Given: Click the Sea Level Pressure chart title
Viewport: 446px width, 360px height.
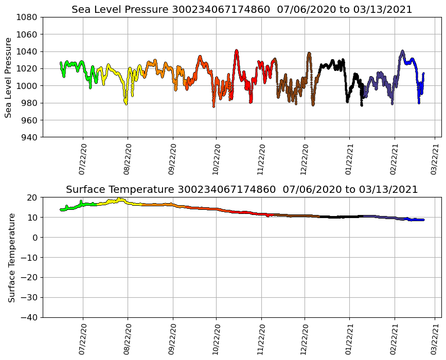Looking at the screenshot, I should (x=242, y=10).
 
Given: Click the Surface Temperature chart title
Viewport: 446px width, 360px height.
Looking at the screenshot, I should (x=242, y=190).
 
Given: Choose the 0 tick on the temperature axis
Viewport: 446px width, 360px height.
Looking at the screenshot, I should (x=35, y=238).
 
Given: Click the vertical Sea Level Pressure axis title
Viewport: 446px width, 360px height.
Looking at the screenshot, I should (x=8, y=77).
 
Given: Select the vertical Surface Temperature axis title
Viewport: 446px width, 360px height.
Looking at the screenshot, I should (x=11, y=257).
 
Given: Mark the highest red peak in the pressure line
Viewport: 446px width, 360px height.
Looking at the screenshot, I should (x=237, y=51).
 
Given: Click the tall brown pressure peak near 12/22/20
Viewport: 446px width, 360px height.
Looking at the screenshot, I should (x=309, y=53).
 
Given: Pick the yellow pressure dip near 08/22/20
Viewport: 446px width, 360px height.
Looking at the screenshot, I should (x=126, y=103).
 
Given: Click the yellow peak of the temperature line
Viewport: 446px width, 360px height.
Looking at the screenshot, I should (x=119, y=199).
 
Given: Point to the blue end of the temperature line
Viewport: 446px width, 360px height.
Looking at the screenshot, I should (x=422, y=220).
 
